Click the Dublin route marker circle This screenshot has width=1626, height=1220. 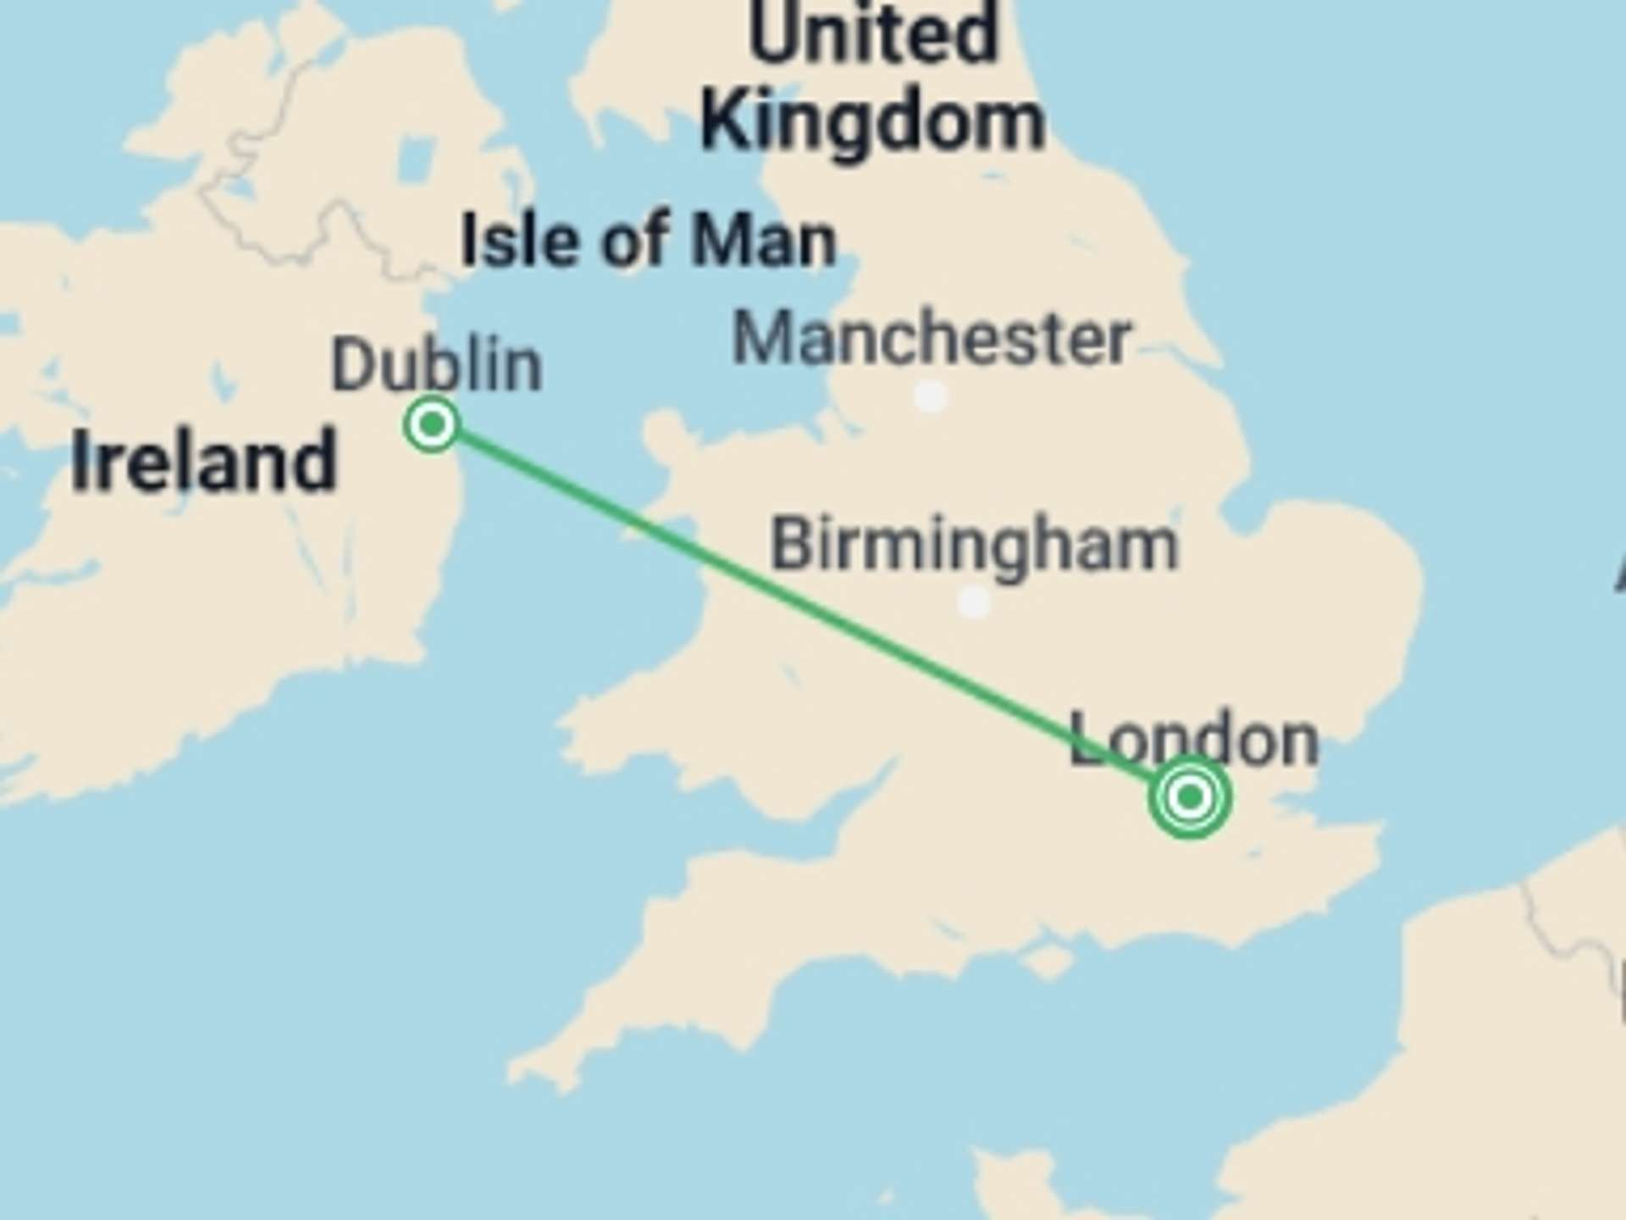pyautogui.click(x=432, y=424)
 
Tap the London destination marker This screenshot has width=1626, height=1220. pyautogui.click(x=1190, y=797)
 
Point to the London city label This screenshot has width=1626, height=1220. pyautogui.click(x=1194, y=740)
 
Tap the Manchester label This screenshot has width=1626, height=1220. pyautogui.click(x=931, y=338)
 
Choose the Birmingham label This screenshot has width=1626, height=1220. pyautogui.click(x=974, y=545)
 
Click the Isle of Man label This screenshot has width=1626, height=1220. pyautogui.click(x=649, y=241)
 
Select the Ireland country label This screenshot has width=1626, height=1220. pyautogui.click(x=203, y=462)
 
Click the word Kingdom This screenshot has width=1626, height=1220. pyautogui.click(x=872, y=123)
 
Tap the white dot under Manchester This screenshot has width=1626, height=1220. pyautogui.click(x=931, y=396)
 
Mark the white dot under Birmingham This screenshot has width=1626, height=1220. pyautogui.click(x=974, y=602)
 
